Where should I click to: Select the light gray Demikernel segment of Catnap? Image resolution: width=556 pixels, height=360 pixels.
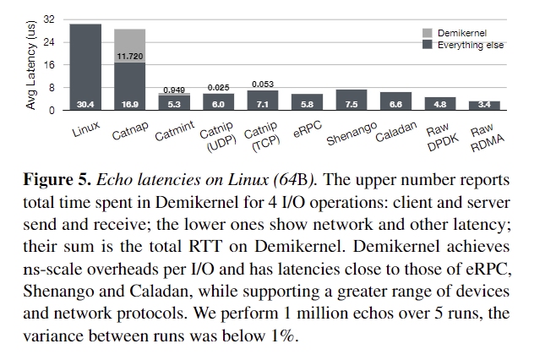[x=129, y=44]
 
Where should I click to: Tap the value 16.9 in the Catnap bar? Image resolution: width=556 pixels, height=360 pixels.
[x=129, y=105]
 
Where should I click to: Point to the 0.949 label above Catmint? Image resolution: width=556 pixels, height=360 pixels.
[x=173, y=89]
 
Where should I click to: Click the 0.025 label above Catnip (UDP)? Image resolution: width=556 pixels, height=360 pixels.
[x=217, y=87]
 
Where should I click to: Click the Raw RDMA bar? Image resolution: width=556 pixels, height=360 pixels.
[x=483, y=105]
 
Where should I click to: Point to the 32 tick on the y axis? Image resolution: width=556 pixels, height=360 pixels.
[x=48, y=19]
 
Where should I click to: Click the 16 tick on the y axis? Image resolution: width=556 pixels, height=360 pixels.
[x=48, y=65]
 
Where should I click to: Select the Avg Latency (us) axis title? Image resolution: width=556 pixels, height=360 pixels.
[x=31, y=65]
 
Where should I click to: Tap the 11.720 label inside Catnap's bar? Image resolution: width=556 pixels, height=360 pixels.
[x=129, y=57]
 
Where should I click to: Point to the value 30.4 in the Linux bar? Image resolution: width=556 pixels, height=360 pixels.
[x=85, y=105]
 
